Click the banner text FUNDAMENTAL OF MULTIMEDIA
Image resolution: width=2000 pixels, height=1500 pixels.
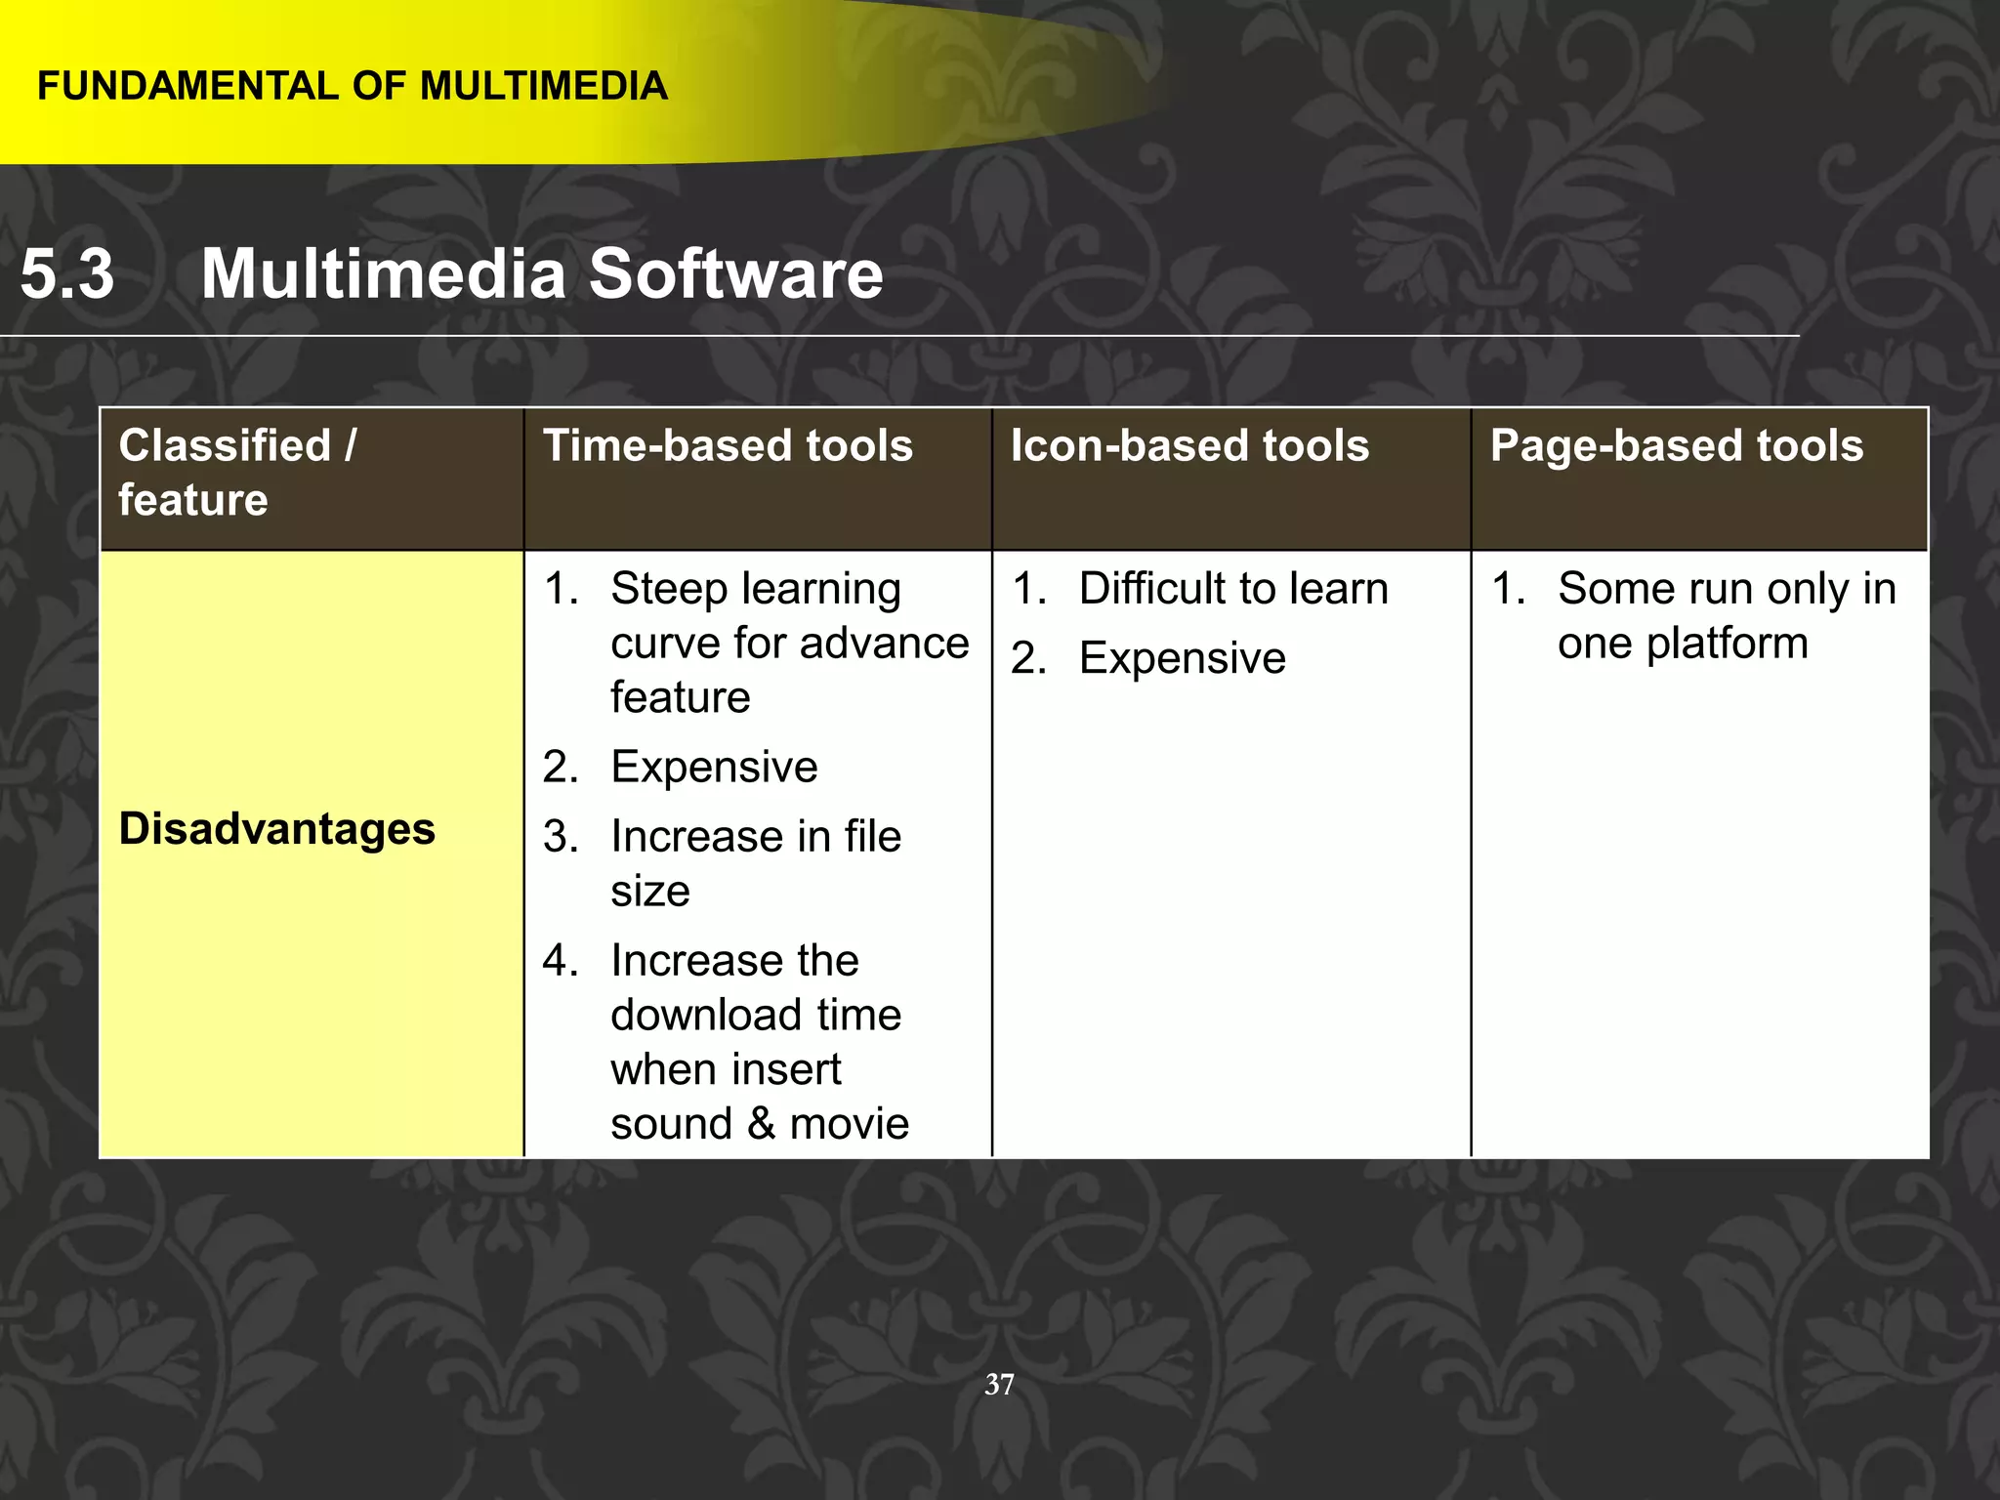(353, 87)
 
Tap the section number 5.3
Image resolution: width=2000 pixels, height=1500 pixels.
(67, 273)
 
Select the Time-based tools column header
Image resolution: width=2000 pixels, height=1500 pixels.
(728, 446)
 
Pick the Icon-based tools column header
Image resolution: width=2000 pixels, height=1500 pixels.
(1189, 446)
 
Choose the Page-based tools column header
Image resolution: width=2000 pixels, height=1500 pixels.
(1677, 446)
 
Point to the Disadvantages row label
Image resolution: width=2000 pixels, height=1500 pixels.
(277, 829)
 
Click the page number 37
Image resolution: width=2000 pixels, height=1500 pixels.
(999, 1384)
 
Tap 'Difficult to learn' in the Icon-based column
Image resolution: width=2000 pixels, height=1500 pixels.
(1233, 589)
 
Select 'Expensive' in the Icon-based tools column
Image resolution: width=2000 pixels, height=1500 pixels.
(1182, 658)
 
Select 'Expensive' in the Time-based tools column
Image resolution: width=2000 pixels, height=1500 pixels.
(714, 767)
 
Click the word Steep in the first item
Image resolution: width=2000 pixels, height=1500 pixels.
(669, 589)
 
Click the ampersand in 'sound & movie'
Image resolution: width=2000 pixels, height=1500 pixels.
(762, 1124)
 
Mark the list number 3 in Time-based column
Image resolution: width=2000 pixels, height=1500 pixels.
(560, 837)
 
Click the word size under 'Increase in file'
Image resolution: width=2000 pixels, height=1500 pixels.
(650, 892)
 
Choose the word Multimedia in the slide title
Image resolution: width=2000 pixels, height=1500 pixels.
(383, 273)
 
